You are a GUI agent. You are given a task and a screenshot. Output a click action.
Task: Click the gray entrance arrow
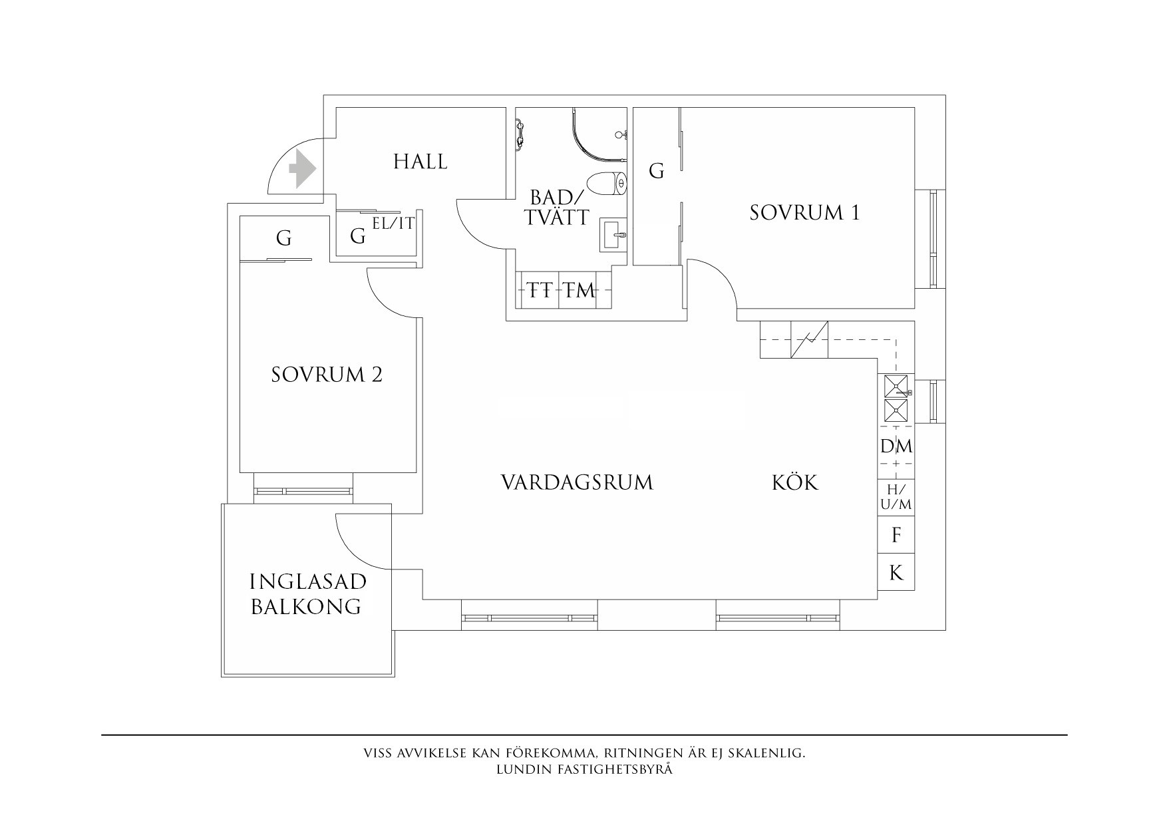click(303, 168)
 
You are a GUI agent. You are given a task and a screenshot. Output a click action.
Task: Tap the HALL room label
click(420, 162)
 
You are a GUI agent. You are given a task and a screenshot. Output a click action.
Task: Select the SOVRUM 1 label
click(804, 213)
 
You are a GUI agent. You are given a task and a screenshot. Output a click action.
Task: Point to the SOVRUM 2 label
click(327, 375)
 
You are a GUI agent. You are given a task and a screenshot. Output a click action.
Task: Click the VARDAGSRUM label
click(577, 482)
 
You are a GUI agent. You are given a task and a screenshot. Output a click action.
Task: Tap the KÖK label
click(795, 482)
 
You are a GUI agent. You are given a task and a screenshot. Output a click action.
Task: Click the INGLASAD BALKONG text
click(307, 594)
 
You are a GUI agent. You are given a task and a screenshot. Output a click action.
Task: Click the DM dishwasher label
click(896, 446)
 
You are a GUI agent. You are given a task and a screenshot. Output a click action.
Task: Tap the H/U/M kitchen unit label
click(896, 498)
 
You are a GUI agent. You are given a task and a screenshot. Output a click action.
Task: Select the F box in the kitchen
click(896, 535)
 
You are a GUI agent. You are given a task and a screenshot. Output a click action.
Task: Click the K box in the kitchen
click(896, 572)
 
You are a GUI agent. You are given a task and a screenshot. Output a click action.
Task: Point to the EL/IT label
click(393, 224)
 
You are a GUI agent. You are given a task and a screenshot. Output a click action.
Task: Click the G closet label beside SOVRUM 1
click(656, 172)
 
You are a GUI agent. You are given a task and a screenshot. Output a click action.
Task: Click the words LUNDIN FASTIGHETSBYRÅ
click(584, 770)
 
